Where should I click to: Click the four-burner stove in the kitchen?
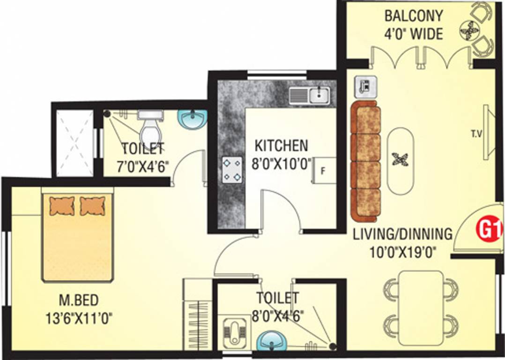pyautogui.click(x=233, y=170)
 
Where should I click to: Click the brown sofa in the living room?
pyautogui.click(x=366, y=162)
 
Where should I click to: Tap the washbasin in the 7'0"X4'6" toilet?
pyautogui.click(x=193, y=119)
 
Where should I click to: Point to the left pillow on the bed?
pyautogui.click(x=62, y=205)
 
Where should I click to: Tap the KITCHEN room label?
pyautogui.click(x=281, y=145)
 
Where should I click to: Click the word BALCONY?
pyautogui.click(x=413, y=15)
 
